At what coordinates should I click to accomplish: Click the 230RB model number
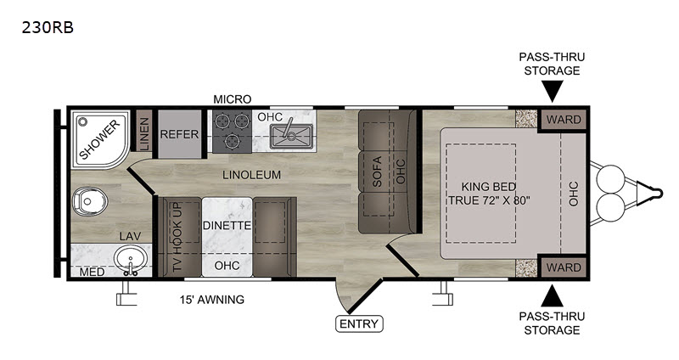click(x=48, y=28)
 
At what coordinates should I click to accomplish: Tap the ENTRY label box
click(x=359, y=323)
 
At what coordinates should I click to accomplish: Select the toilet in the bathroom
click(x=90, y=201)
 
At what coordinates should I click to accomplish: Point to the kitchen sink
click(x=291, y=136)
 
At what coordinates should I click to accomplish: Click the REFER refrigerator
click(x=179, y=134)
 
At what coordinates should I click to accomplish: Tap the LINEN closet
click(x=143, y=133)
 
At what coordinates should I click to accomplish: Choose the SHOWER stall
click(x=100, y=139)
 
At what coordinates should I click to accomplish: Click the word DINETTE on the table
click(x=227, y=225)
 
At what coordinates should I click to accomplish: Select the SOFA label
click(x=377, y=172)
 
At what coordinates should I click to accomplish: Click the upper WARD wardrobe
click(x=563, y=119)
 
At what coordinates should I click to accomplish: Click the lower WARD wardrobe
click(x=563, y=267)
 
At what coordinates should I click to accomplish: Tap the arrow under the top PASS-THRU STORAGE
click(x=553, y=92)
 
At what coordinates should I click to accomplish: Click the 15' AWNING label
click(x=211, y=300)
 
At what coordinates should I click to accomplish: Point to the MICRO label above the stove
click(x=232, y=99)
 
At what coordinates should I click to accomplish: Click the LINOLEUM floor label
click(x=251, y=175)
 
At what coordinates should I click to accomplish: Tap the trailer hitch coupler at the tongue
click(x=653, y=193)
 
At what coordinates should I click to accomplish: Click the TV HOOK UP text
click(x=177, y=237)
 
